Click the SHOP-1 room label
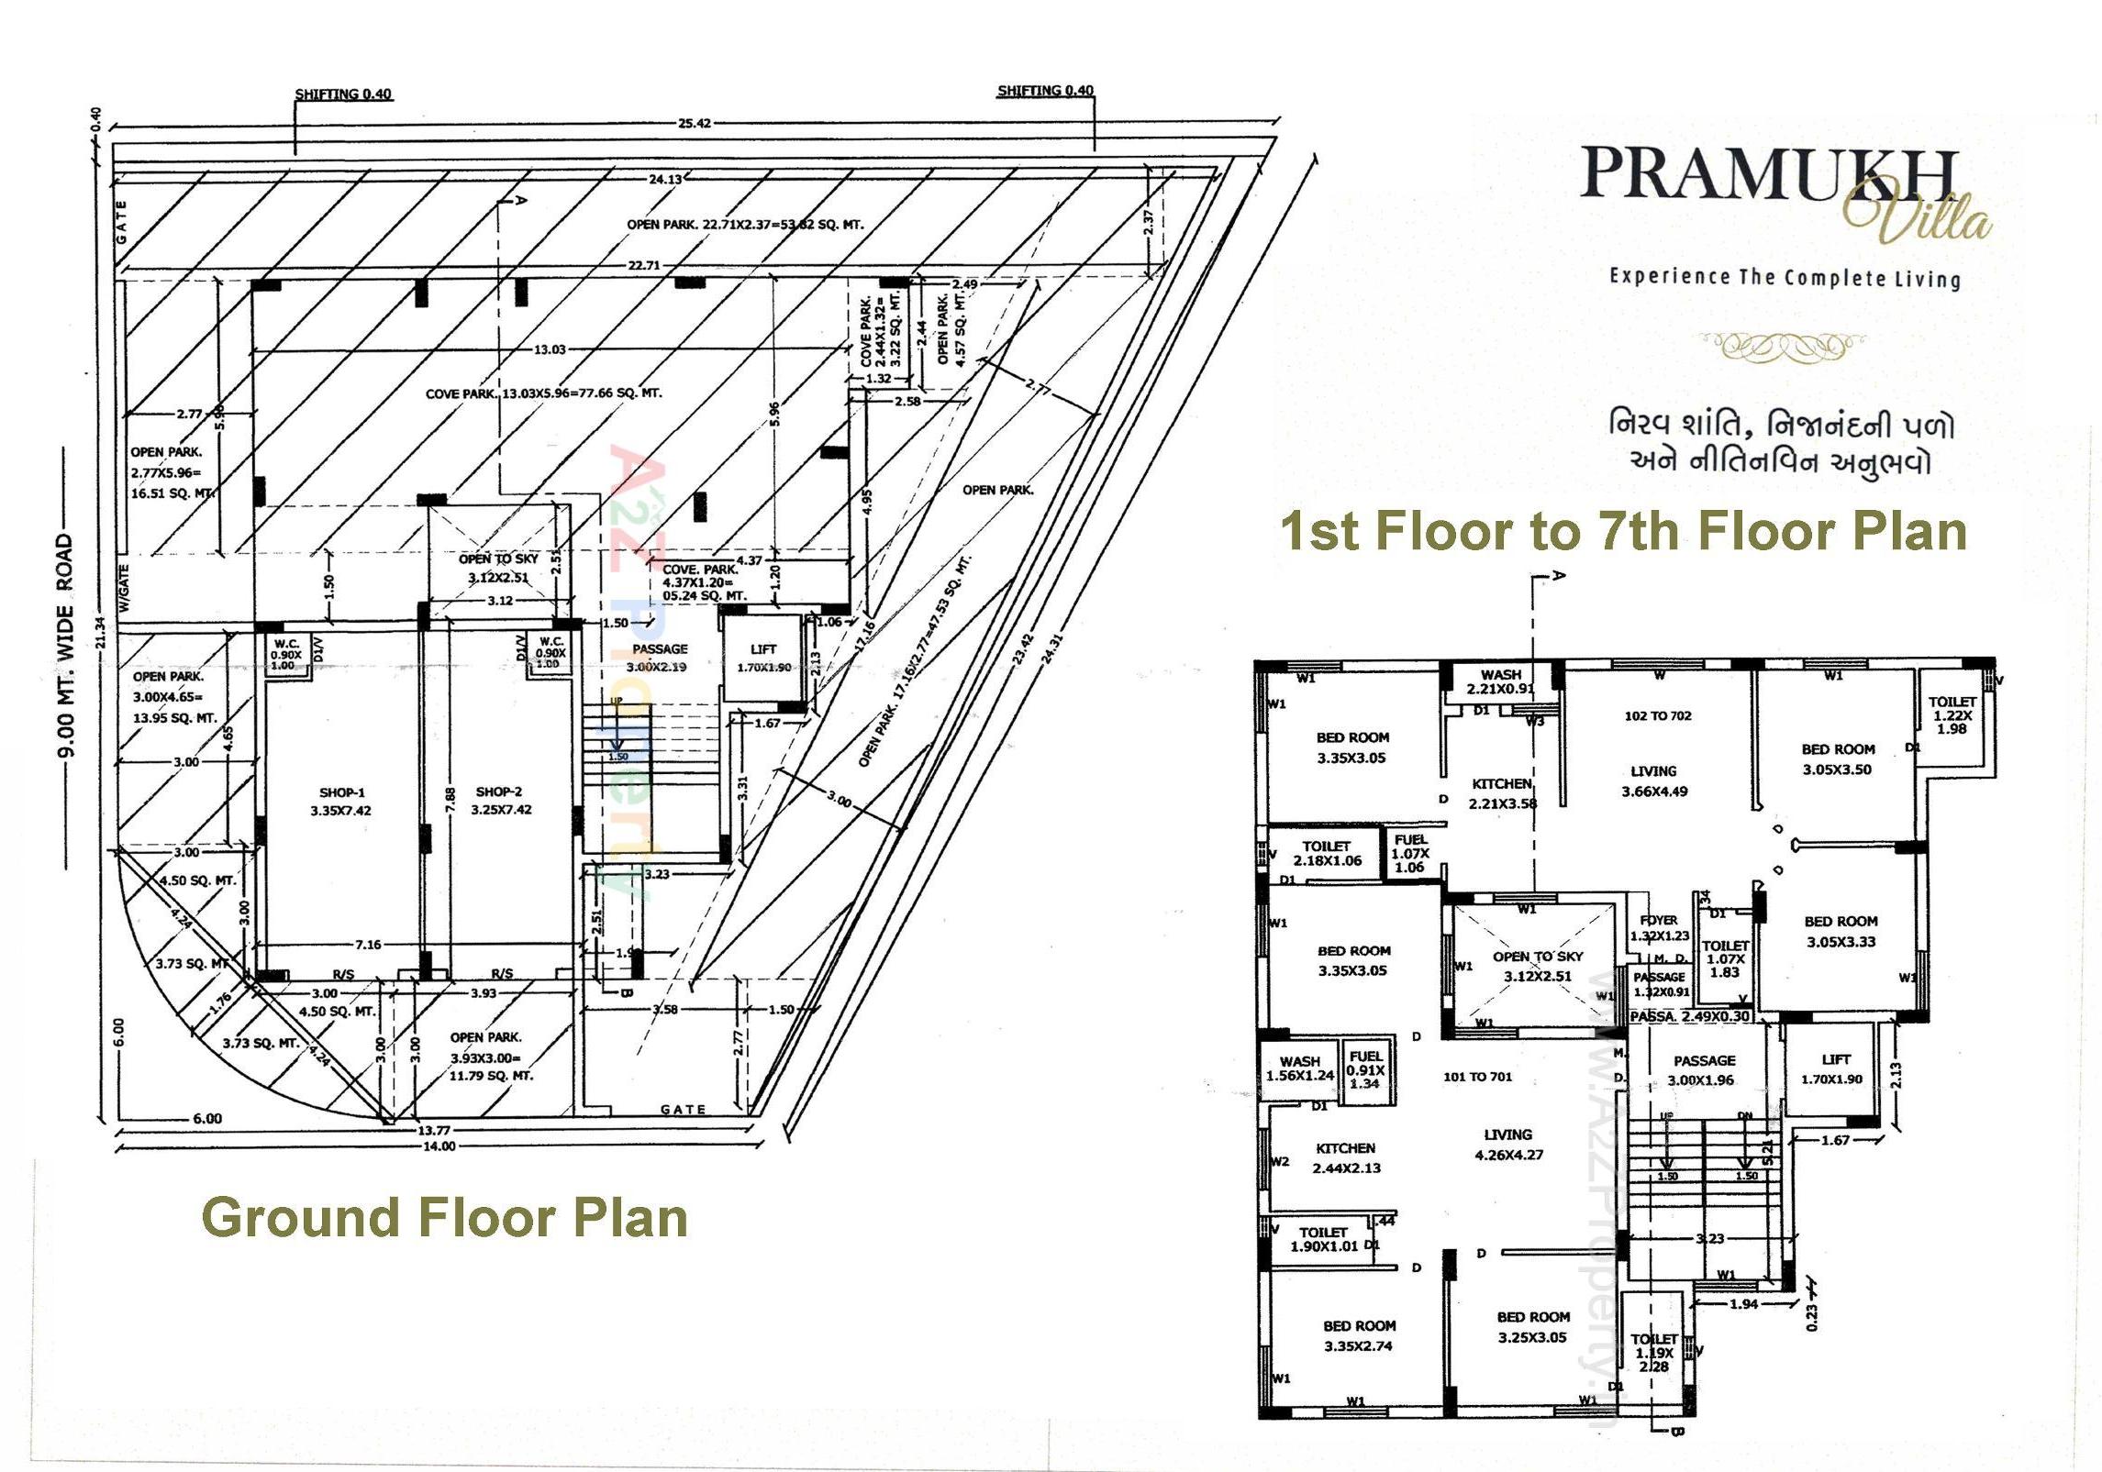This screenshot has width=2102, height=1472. point(341,801)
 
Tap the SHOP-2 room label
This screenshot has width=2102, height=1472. point(500,800)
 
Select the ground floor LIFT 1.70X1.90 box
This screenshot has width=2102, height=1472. point(763,658)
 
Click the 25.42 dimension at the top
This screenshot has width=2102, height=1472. point(694,123)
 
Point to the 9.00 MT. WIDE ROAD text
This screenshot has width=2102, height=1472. point(65,647)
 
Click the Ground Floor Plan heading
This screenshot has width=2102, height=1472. point(444,1217)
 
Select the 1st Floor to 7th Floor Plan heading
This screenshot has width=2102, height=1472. point(1622,530)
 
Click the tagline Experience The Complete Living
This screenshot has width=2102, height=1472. point(1785,277)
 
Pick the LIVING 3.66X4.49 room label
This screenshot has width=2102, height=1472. point(1653,780)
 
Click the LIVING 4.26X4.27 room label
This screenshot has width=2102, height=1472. point(1508,1144)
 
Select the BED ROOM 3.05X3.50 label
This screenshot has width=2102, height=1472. point(1837,758)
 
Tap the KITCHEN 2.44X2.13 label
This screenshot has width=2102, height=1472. point(1345,1157)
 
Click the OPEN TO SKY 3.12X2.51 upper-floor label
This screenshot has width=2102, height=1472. point(1537,965)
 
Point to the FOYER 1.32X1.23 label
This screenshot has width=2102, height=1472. point(1659,927)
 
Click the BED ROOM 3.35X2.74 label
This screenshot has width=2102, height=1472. point(1359,1335)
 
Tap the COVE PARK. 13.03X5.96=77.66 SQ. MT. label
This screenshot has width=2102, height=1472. point(543,393)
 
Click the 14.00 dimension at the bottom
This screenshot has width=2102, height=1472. point(439,1146)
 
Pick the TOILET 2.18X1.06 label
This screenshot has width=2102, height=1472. point(1327,853)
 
